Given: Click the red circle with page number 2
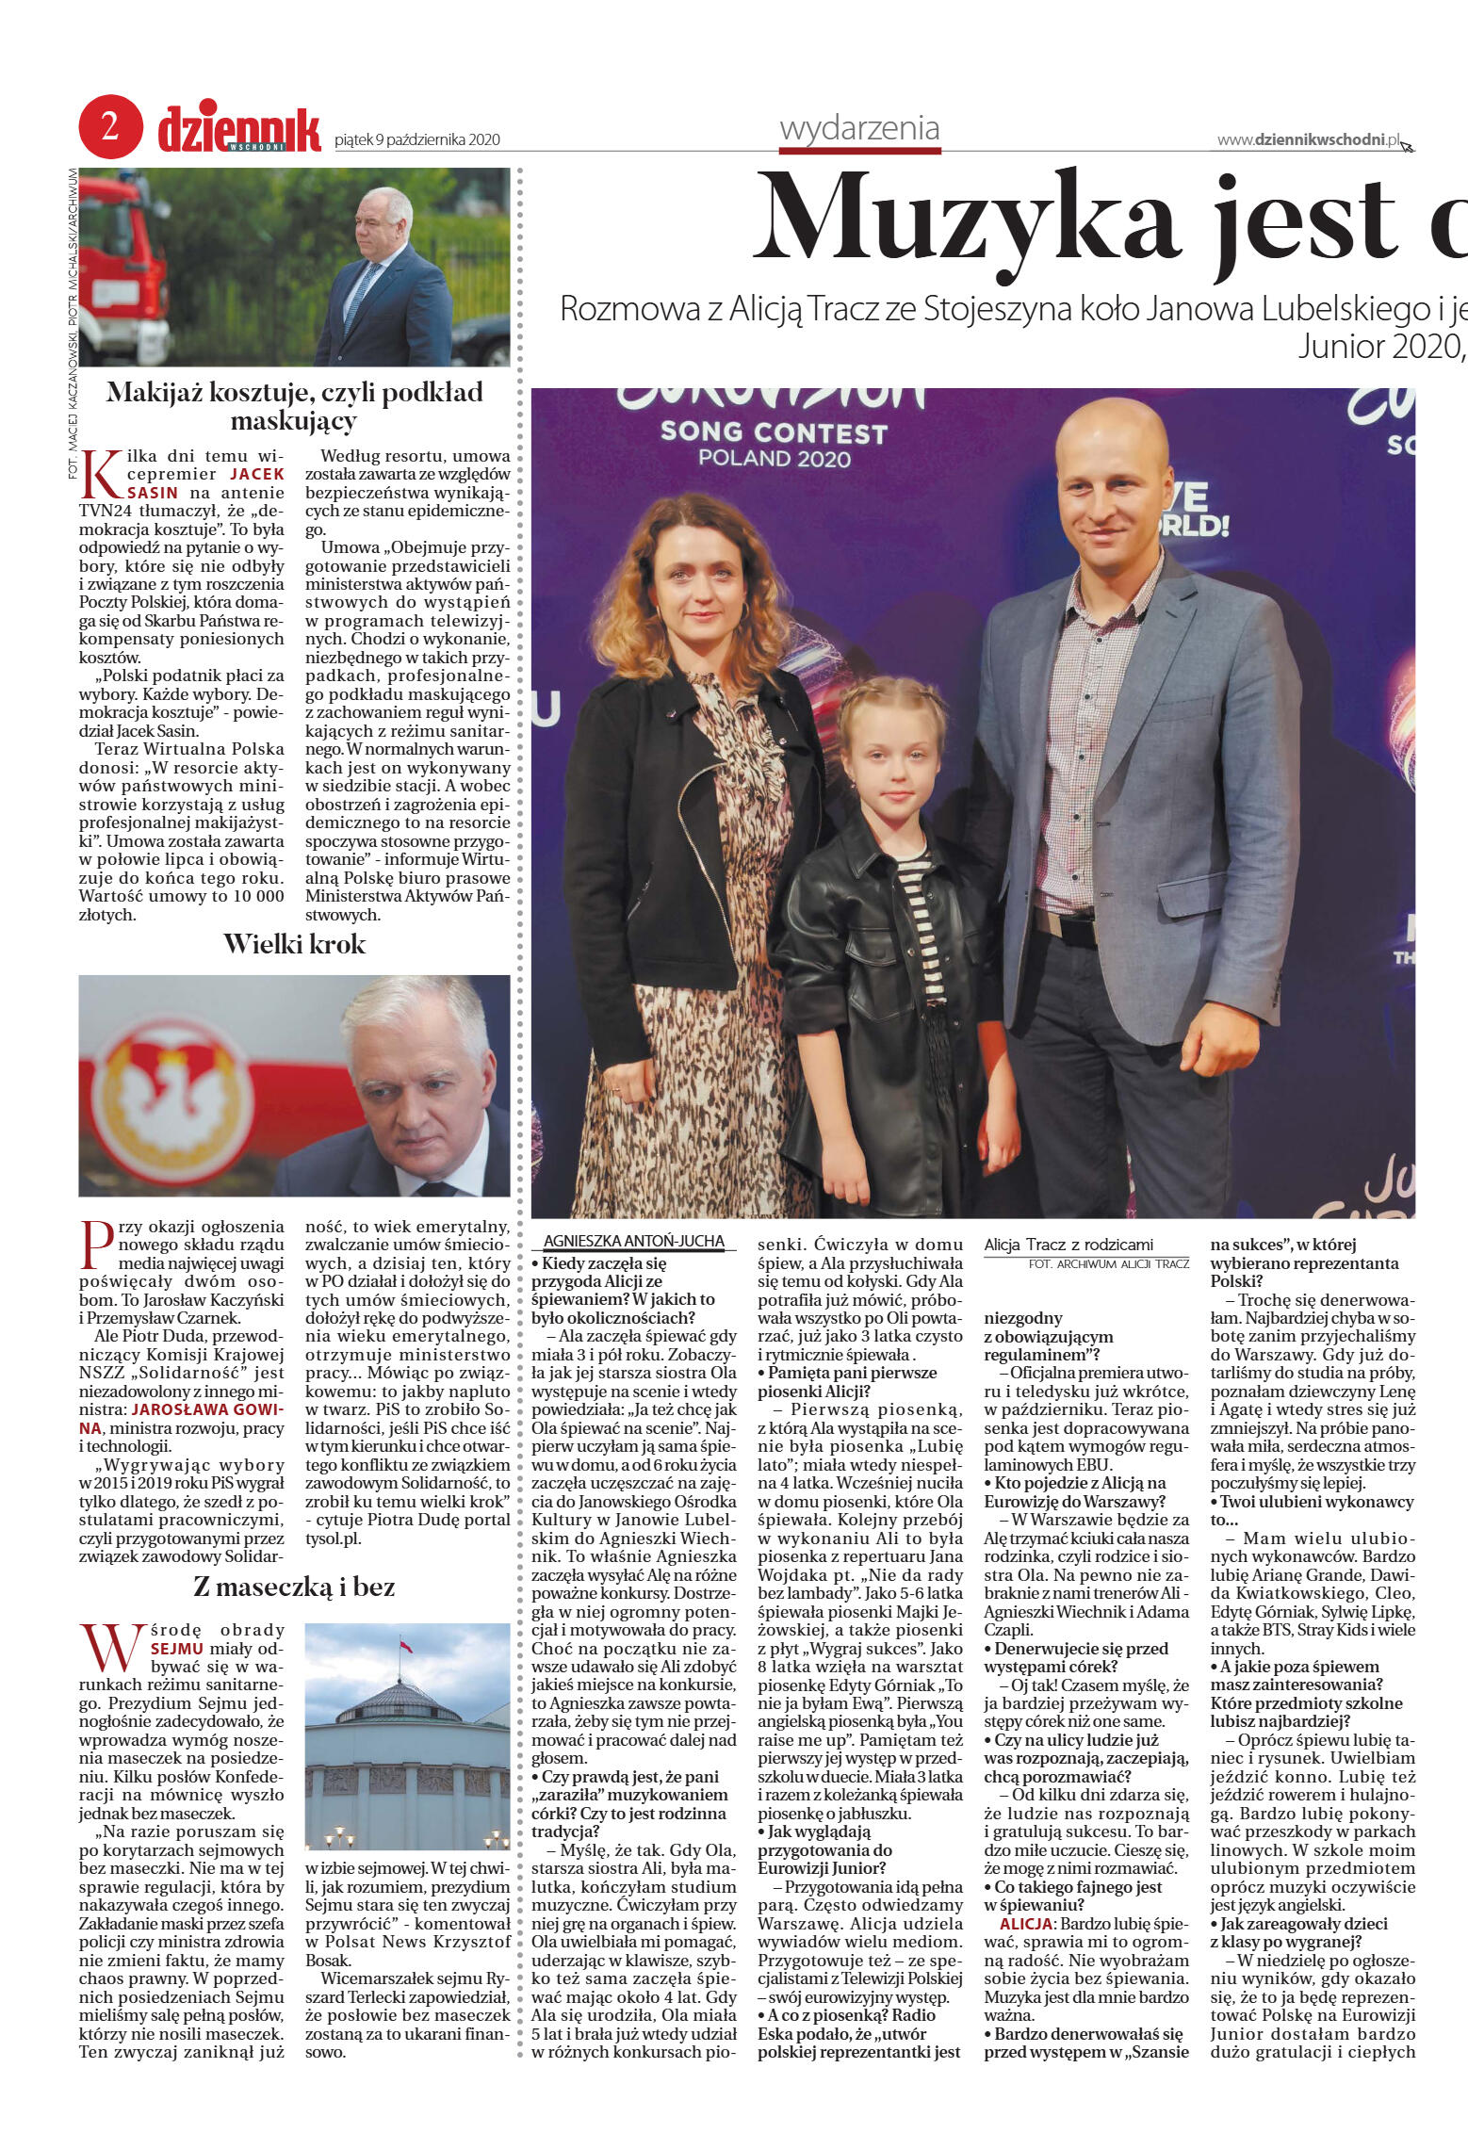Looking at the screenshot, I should [x=110, y=126].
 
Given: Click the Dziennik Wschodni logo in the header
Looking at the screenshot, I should [x=239, y=130].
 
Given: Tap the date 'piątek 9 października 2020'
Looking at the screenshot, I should [x=416, y=140].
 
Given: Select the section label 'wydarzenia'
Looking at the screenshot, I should [x=858, y=128].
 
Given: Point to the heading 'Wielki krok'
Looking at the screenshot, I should [x=294, y=945].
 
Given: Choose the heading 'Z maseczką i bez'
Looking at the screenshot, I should [x=294, y=1587].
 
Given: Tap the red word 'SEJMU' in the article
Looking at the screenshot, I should [x=176, y=1649].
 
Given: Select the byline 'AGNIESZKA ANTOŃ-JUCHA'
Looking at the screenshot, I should [x=633, y=1242].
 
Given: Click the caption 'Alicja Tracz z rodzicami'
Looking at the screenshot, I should [x=1068, y=1245].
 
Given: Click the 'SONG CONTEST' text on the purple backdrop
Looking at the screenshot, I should [x=774, y=432].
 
